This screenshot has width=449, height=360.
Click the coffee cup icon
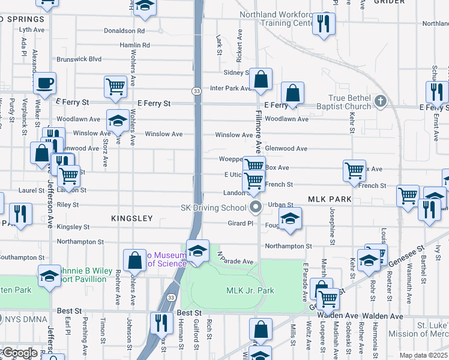coord(46,83)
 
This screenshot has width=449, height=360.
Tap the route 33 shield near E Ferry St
coord(197,91)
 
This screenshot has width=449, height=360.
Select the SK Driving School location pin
coord(256,208)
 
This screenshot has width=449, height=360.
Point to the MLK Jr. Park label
coord(250,291)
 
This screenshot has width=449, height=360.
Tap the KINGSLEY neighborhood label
coord(132,219)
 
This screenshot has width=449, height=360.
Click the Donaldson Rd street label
coord(124,30)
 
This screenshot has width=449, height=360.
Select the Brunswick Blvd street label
coord(79,59)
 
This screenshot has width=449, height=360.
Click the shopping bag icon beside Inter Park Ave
coord(261,79)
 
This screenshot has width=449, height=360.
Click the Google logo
coord(19,353)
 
